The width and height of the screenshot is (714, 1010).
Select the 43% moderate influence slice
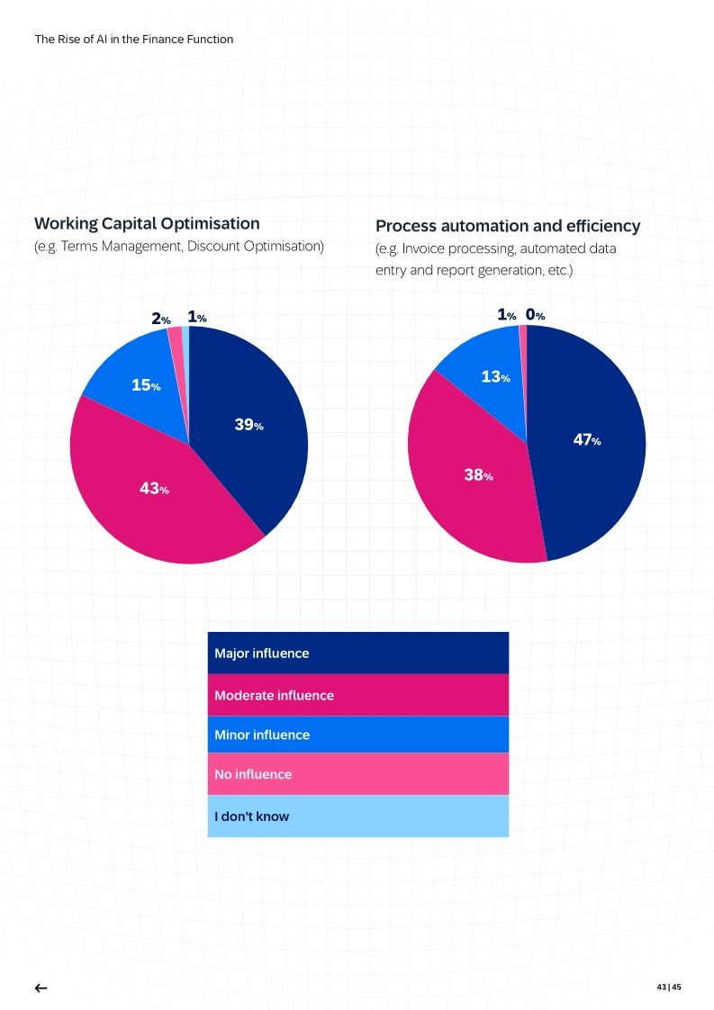click(x=153, y=489)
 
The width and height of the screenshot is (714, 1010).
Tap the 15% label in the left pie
click(x=146, y=386)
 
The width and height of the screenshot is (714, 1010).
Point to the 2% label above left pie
click(x=160, y=319)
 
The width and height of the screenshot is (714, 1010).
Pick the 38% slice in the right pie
click(x=478, y=475)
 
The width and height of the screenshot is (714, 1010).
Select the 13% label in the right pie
click(x=495, y=378)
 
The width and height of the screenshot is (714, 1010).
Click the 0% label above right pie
click(x=535, y=315)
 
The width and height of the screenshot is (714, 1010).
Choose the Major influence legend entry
click(x=357, y=653)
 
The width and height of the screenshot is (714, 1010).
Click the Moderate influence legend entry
click(x=357, y=695)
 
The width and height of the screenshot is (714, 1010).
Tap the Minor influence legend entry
click(x=357, y=735)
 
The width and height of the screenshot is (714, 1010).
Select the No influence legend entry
click(x=357, y=774)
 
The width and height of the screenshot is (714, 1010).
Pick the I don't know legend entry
click(x=357, y=816)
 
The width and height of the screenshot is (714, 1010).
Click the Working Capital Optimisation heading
click(x=147, y=223)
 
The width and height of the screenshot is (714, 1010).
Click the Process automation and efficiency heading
click(x=508, y=226)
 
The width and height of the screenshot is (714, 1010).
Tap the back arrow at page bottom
click(x=41, y=987)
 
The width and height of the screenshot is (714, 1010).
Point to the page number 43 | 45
click(x=668, y=987)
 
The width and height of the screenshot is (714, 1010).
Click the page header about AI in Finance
click(x=133, y=39)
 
